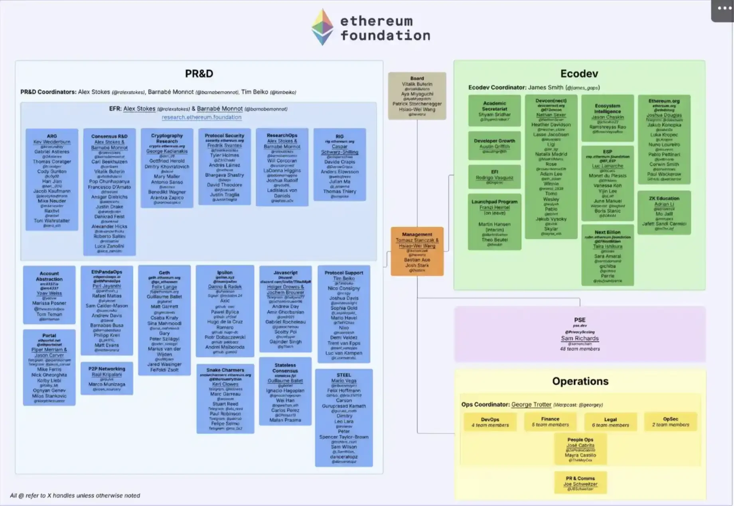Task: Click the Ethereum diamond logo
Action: pyautogui.click(x=322, y=27)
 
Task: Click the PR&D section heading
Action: pyautogui.click(x=199, y=74)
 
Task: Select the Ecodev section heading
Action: pyautogui.click(x=579, y=74)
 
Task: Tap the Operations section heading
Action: pyautogui.click(x=580, y=381)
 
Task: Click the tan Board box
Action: pyautogui.click(x=417, y=96)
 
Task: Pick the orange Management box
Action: pyautogui.click(x=417, y=251)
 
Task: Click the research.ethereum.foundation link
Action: pyautogui.click(x=201, y=117)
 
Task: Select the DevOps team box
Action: pyautogui.click(x=490, y=422)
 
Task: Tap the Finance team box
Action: pyautogui.click(x=550, y=422)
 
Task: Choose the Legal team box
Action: pyautogui.click(x=610, y=422)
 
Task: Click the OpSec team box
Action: pyautogui.click(x=671, y=422)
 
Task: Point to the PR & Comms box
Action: pyautogui.click(x=580, y=483)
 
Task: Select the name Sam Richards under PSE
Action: pyautogui.click(x=580, y=338)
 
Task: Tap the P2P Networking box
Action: pyautogui.click(x=107, y=378)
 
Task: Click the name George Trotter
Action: pyautogui.click(x=531, y=405)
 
